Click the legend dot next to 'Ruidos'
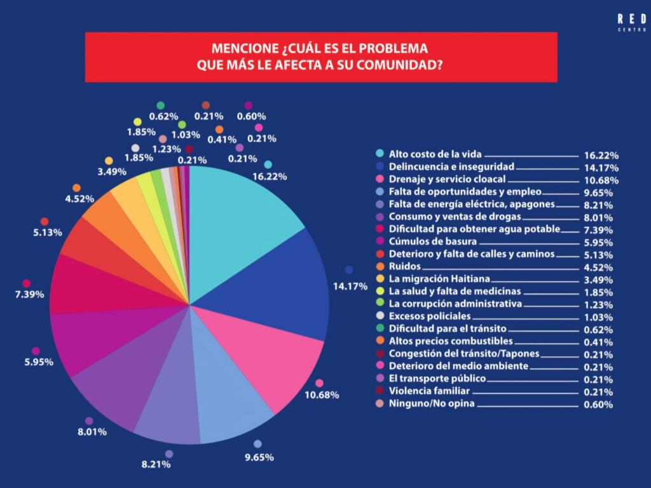pyautogui.click(x=380, y=266)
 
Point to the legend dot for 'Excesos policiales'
pyautogui.click(x=380, y=316)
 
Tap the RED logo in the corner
pyautogui.click(x=631, y=20)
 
